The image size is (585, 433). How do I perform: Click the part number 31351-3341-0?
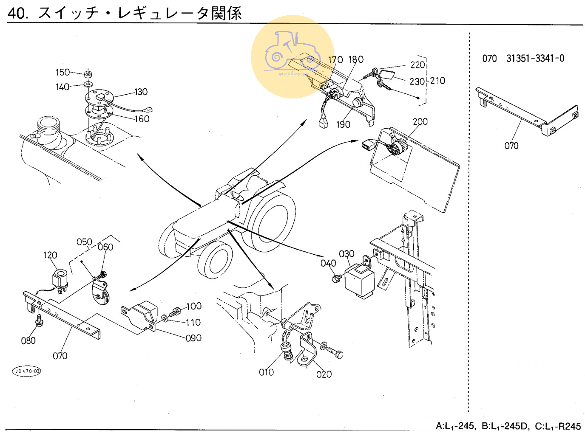pos(535,59)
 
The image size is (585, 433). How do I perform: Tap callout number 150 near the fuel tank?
pos(62,72)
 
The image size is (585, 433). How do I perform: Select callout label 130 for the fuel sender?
pos(141,92)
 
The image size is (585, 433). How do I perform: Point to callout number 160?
pos(142,119)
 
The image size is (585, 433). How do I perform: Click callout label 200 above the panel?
pos(420,121)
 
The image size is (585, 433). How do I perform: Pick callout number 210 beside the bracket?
pos(437,81)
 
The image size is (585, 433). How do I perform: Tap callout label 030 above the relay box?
pos(346,254)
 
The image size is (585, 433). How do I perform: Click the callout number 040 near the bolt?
pos(328,263)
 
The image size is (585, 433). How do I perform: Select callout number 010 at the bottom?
pos(267,372)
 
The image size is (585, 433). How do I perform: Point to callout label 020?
pos(324,374)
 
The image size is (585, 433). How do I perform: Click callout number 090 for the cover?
pos(193,338)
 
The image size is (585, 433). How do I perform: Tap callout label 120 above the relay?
pos(50,255)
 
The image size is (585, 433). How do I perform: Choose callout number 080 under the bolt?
pos(28,340)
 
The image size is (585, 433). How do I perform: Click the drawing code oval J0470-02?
pos(27,371)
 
